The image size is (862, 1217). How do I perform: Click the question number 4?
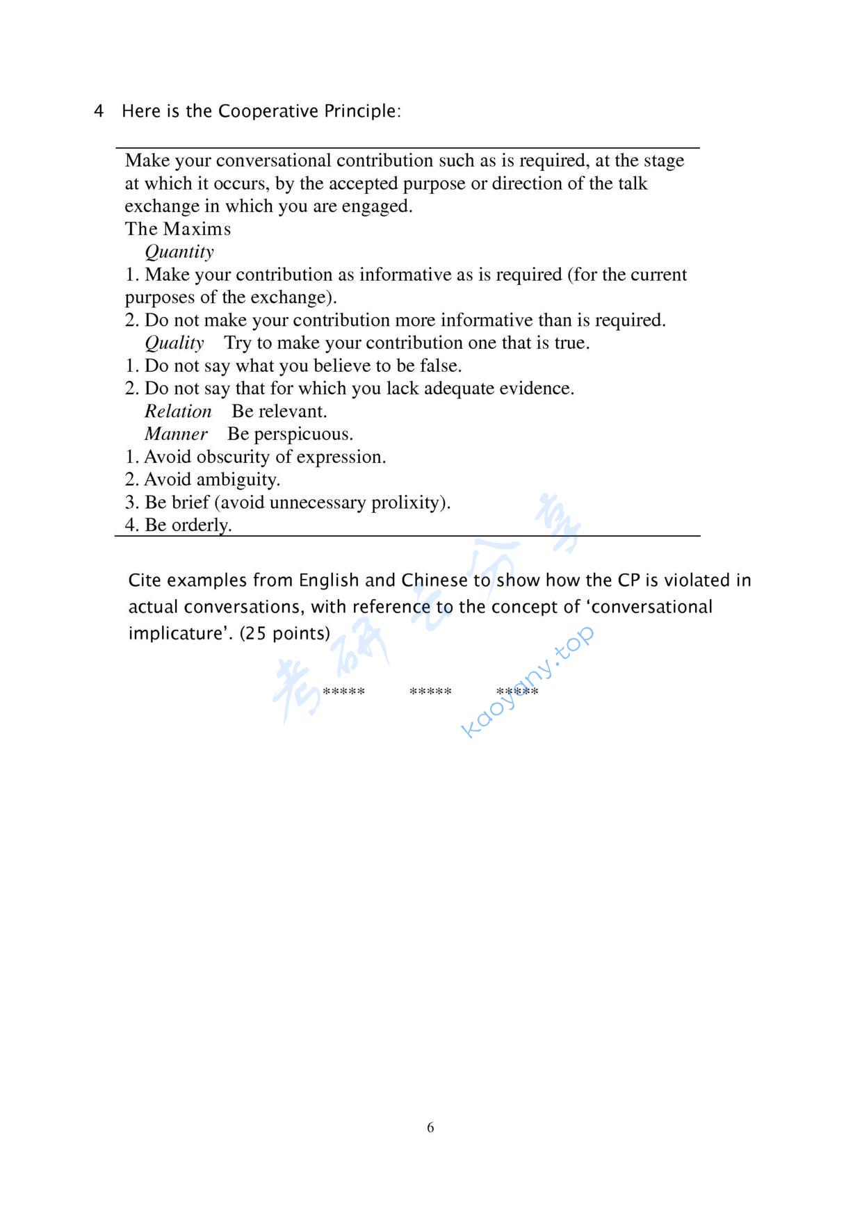[99, 111]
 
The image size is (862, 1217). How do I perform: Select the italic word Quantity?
[179, 252]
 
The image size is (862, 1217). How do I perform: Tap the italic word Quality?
[174, 343]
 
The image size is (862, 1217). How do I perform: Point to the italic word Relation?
[178, 411]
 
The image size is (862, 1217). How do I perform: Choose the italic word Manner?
[176, 434]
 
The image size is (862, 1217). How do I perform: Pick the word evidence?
[538, 389]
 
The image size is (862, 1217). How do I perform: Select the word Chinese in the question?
[434, 580]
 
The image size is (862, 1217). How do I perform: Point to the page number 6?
[430, 1127]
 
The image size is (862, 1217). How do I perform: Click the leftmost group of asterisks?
[343, 692]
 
